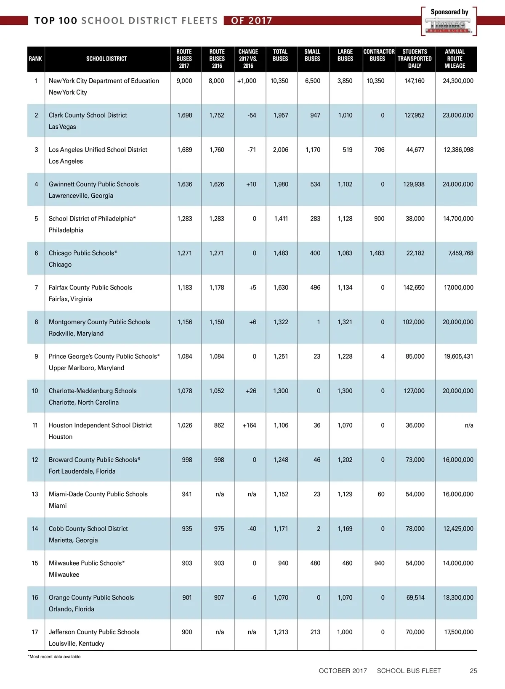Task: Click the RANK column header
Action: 35,59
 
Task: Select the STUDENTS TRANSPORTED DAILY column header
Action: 415,59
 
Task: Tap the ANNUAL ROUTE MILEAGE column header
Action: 455,59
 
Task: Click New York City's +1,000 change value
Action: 247,81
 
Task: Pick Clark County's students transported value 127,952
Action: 415,115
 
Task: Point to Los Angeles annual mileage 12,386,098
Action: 458,150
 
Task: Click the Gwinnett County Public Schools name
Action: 93,184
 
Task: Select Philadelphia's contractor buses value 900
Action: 379,219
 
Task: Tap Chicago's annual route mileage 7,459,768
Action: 461,253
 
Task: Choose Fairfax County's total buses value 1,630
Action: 281,288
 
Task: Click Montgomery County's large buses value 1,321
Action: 345,322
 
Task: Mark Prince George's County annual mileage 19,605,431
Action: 458,357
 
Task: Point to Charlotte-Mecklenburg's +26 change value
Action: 251,391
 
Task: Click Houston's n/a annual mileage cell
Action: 469,426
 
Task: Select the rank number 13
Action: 35,494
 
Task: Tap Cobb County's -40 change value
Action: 252,529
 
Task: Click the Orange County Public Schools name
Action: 91,598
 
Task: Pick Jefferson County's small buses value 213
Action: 315,632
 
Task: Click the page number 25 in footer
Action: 473,671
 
